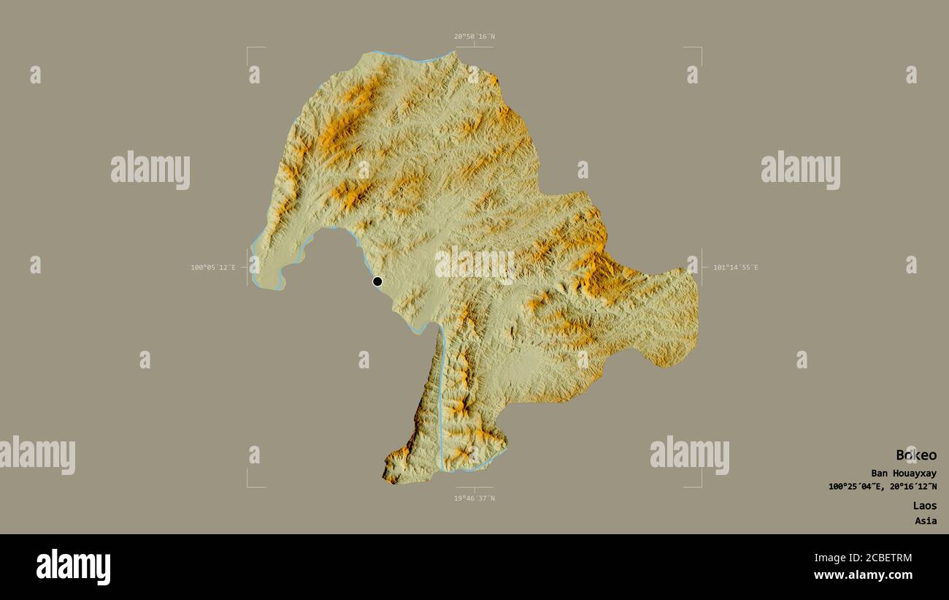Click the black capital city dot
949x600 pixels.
pyautogui.click(x=377, y=281)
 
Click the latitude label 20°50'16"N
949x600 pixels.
pyautogui.click(x=474, y=37)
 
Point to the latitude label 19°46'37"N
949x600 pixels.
pyautogui.click(x=474, y=498)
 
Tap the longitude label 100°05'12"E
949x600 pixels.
pyautogui.click(x=213, y=267)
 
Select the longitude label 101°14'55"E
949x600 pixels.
pyautogui.click(x=736, y=267)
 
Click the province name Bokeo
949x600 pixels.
pyautogui.click(x=916, y=455)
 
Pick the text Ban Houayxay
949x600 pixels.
pyautogui.click(x=904, y=474)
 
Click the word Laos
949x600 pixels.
pyautogui.click(x=924, y=506)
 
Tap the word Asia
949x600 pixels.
pyautogui.click(x=926, y=521)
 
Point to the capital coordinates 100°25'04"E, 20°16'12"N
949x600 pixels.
pyautogui.click(x=883, y=487)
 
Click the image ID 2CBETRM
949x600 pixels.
pyautogui.click(x=884, y=558)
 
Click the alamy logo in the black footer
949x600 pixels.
pyautogui.click(x=73, y=567)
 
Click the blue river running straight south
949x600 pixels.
pyautogui.click(x=441, y=395)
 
